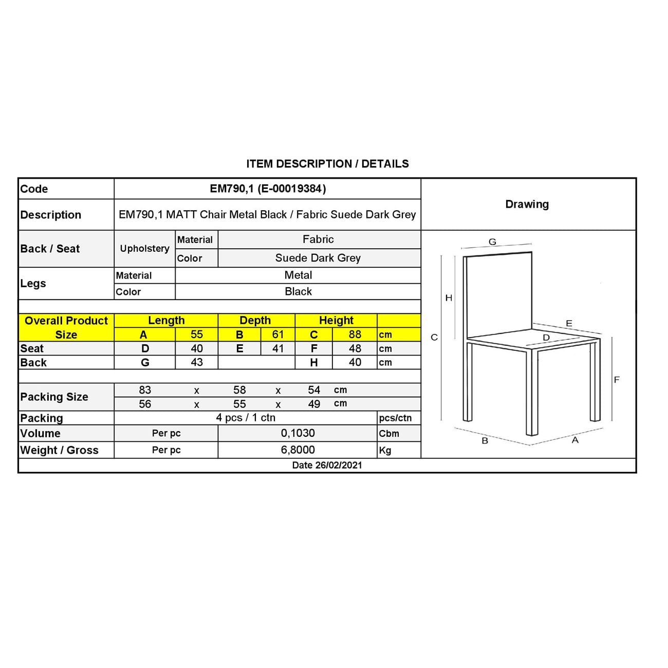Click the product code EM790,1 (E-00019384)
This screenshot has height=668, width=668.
(268, 189)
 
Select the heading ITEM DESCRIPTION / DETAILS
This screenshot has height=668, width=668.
(327, 164)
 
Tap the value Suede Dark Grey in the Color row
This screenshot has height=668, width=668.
(318, 258)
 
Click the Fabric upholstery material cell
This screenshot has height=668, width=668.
(318, 239)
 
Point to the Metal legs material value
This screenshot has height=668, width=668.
(298, 275)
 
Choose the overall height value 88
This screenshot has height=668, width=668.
(355, 335)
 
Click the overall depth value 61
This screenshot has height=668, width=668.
(278, 335)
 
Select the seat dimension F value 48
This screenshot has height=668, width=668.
(355, 348)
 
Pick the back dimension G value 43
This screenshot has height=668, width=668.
(196, 362)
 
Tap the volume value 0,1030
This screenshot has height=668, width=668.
(298, 433)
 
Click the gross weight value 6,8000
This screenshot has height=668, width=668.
(298, 450)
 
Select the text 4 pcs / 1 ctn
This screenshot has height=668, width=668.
(246, 418)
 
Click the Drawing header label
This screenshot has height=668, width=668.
(527, 205)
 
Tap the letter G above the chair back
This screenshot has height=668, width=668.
(492, 242)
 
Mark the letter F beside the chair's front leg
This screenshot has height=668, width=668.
(617, 380)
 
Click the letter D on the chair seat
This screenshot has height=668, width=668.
(546, 338)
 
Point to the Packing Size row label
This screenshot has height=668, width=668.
(54, 397)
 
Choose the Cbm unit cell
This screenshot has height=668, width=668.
(389, 433)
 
